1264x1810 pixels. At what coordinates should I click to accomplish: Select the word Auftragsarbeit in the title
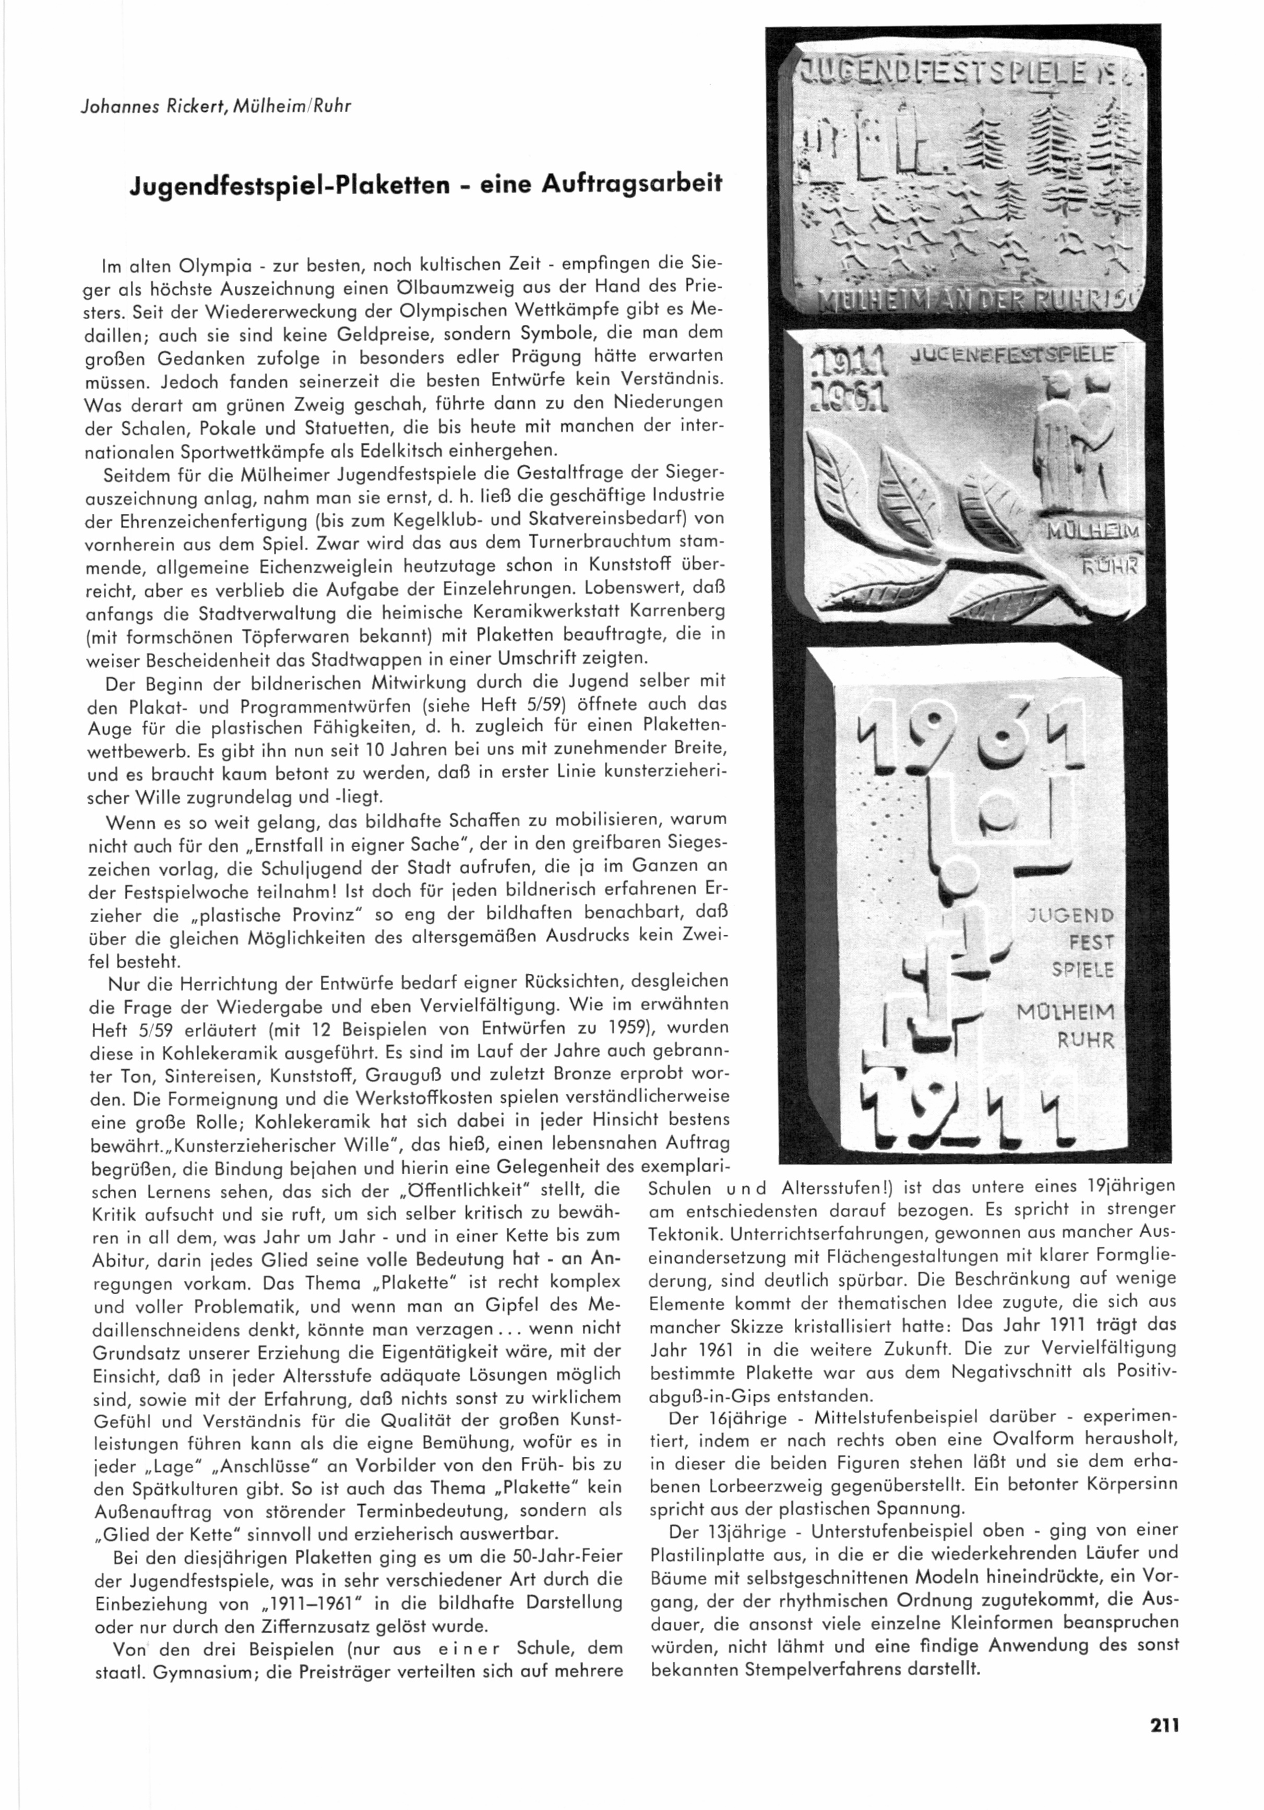[x=631, y=185]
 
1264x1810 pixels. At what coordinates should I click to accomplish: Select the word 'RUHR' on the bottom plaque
[x=1087, y=1041]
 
